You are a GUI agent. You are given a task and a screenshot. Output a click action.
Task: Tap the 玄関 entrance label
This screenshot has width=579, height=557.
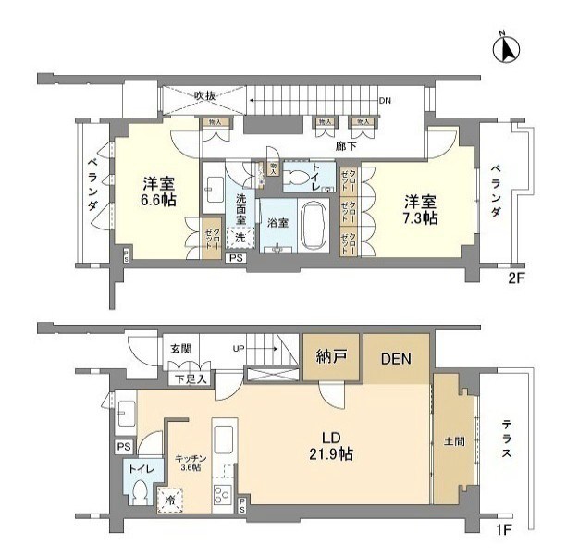pos(180,349)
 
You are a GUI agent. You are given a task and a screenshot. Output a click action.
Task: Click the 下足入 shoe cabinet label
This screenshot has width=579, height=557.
pos(190,378)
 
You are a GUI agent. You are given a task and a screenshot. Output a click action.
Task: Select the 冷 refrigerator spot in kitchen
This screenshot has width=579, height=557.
pos(170,500)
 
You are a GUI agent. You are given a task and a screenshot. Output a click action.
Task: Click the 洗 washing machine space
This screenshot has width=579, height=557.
pos(239,238)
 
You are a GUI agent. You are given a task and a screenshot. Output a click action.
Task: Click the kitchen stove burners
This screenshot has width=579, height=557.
pos(223,493)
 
